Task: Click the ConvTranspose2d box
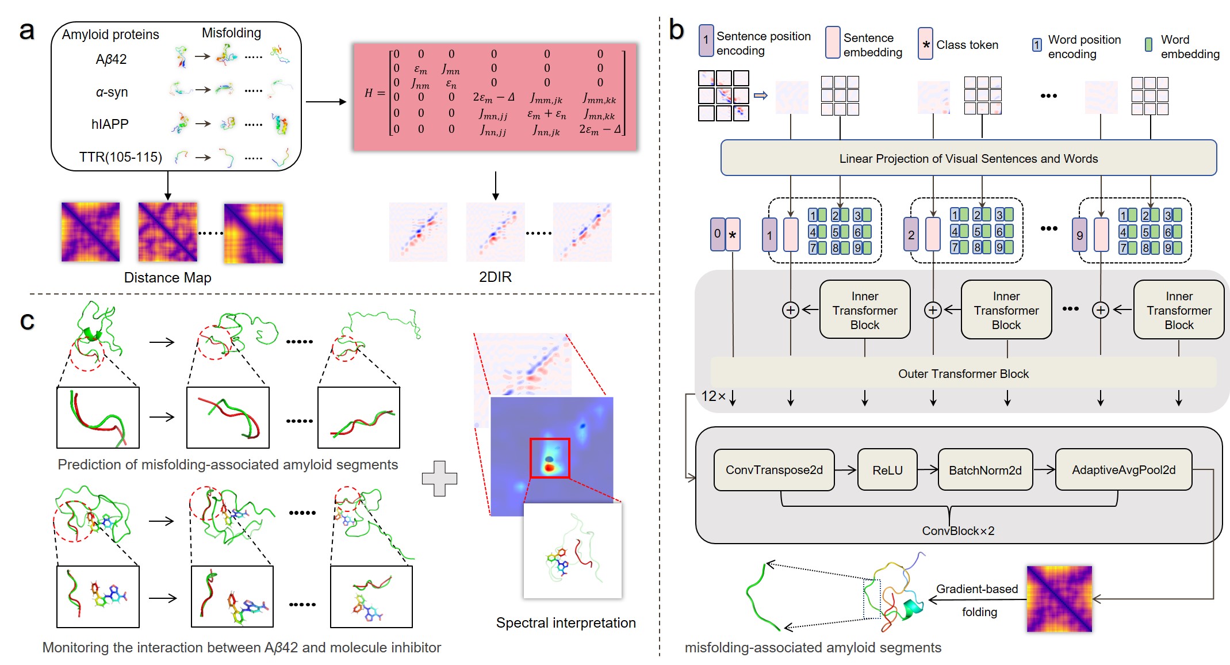point(773,470)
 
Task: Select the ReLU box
point(887,470)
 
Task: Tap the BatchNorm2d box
point(984,470)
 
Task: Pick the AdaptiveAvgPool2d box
point(1123,470)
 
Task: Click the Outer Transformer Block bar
point(963,373)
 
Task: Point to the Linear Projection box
point(968,158)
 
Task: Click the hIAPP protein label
point(110,124)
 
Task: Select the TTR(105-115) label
point(121,157)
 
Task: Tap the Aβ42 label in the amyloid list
point(111,59)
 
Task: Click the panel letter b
point(676,30)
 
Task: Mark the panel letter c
point(27,320)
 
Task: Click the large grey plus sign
point(439,478)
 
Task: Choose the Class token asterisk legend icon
point(925,44)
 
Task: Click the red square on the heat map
point(549,458)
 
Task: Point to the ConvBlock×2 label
point(958,530)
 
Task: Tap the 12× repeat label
point(713,396)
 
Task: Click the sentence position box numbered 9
point(1079,235)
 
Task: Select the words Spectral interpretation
point(566,622)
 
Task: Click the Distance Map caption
point(167,277)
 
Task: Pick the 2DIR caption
point(495,277)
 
